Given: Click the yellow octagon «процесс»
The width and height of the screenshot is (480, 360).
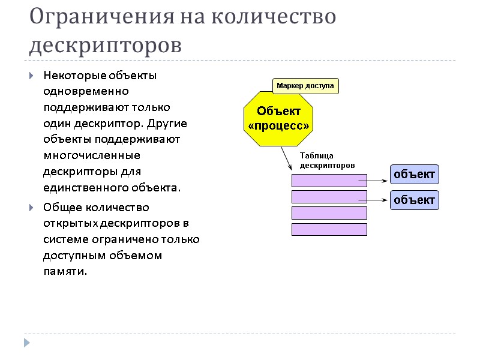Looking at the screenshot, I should pos(279,118).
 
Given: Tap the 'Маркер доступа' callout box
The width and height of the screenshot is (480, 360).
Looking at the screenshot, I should pos(305,86).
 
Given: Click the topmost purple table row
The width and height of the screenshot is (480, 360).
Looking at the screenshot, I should pos(329,181).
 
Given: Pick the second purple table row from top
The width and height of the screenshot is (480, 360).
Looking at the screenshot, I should pos(329,197).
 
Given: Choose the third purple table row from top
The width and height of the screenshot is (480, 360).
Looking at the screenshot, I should pos(329,213).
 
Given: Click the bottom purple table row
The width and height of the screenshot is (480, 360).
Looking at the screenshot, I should pos(329,229).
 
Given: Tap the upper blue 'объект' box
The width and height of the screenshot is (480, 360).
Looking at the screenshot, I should pos(414,175).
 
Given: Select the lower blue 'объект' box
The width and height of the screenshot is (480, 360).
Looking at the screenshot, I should pos(414,200).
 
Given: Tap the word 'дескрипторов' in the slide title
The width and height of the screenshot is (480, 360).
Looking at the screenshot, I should pos(106,45).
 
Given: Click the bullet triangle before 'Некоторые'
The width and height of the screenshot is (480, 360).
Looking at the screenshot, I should pos(31,77).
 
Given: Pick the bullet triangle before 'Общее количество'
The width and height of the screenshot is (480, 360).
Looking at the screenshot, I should pos(31,208).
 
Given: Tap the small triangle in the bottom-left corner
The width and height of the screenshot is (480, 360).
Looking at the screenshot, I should pos(26,343).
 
